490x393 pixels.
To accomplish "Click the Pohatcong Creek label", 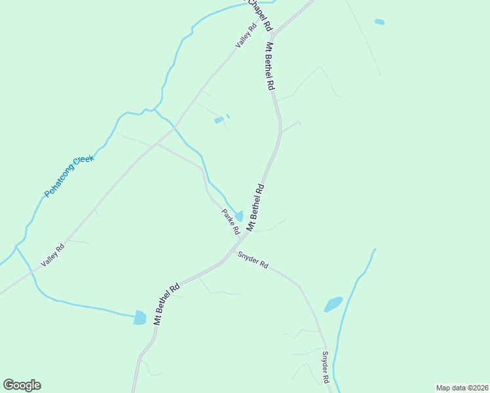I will click(x=69, y=176).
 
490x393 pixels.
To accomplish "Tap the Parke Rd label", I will click(x=230, y=222).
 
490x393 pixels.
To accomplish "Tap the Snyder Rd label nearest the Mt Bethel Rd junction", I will click(x=253, y=261).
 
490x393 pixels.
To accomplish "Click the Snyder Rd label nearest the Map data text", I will click(x=324, y=367).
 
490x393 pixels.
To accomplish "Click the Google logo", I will click(x=22, y=385).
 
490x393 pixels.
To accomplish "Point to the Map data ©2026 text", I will click(x=462, y=387).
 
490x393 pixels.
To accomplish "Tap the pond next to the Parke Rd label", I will click(x=240, y=215).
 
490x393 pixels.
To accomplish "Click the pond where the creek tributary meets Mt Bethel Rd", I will click(x=140, y=318).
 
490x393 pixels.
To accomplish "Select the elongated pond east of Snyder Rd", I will click(x=333, y=305).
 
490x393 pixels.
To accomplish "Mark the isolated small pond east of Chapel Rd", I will click(x=379, y=22).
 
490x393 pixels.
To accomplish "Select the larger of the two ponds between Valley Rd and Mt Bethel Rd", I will click(x=218, y=121).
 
